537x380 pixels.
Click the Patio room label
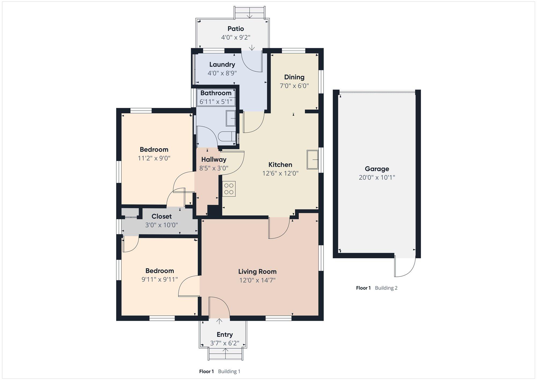click(236, 29)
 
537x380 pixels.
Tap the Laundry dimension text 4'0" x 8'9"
click(222, 73)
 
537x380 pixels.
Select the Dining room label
click(294, 77)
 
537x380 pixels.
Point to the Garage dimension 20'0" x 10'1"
click(377, 177)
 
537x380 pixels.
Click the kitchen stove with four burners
click(229, 189)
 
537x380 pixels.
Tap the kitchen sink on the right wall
click(313, 159)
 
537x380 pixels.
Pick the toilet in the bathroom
click(227, 137)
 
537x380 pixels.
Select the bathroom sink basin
click(231, 118)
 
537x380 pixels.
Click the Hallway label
click(214, 159)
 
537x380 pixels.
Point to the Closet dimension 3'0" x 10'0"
click(161, 225)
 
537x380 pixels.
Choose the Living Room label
click(257, 272)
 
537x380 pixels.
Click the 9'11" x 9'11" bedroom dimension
click(160, 279)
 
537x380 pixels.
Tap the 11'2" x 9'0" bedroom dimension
click(154, 158)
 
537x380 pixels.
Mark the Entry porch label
click(225, 335)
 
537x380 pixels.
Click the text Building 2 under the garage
click(386, 288)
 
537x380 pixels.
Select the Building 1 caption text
click(229, 371)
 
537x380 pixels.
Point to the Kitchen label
click(280, 165)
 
